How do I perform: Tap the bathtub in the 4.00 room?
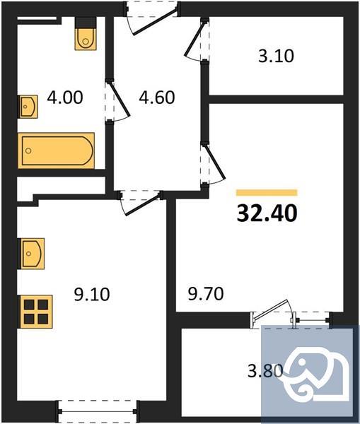(x=57, y=150)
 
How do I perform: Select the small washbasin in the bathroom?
(x=28, y=108)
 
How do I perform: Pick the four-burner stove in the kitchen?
(x=35, y=311)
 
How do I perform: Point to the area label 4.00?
(x=64, y=96)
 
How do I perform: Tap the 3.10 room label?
(x=276, y=55)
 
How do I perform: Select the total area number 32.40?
(x=267, y=211)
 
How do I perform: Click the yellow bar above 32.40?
(x=267, y=192)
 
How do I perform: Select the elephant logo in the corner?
(x=309, y=373)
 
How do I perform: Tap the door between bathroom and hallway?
(x=117, y=103)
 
